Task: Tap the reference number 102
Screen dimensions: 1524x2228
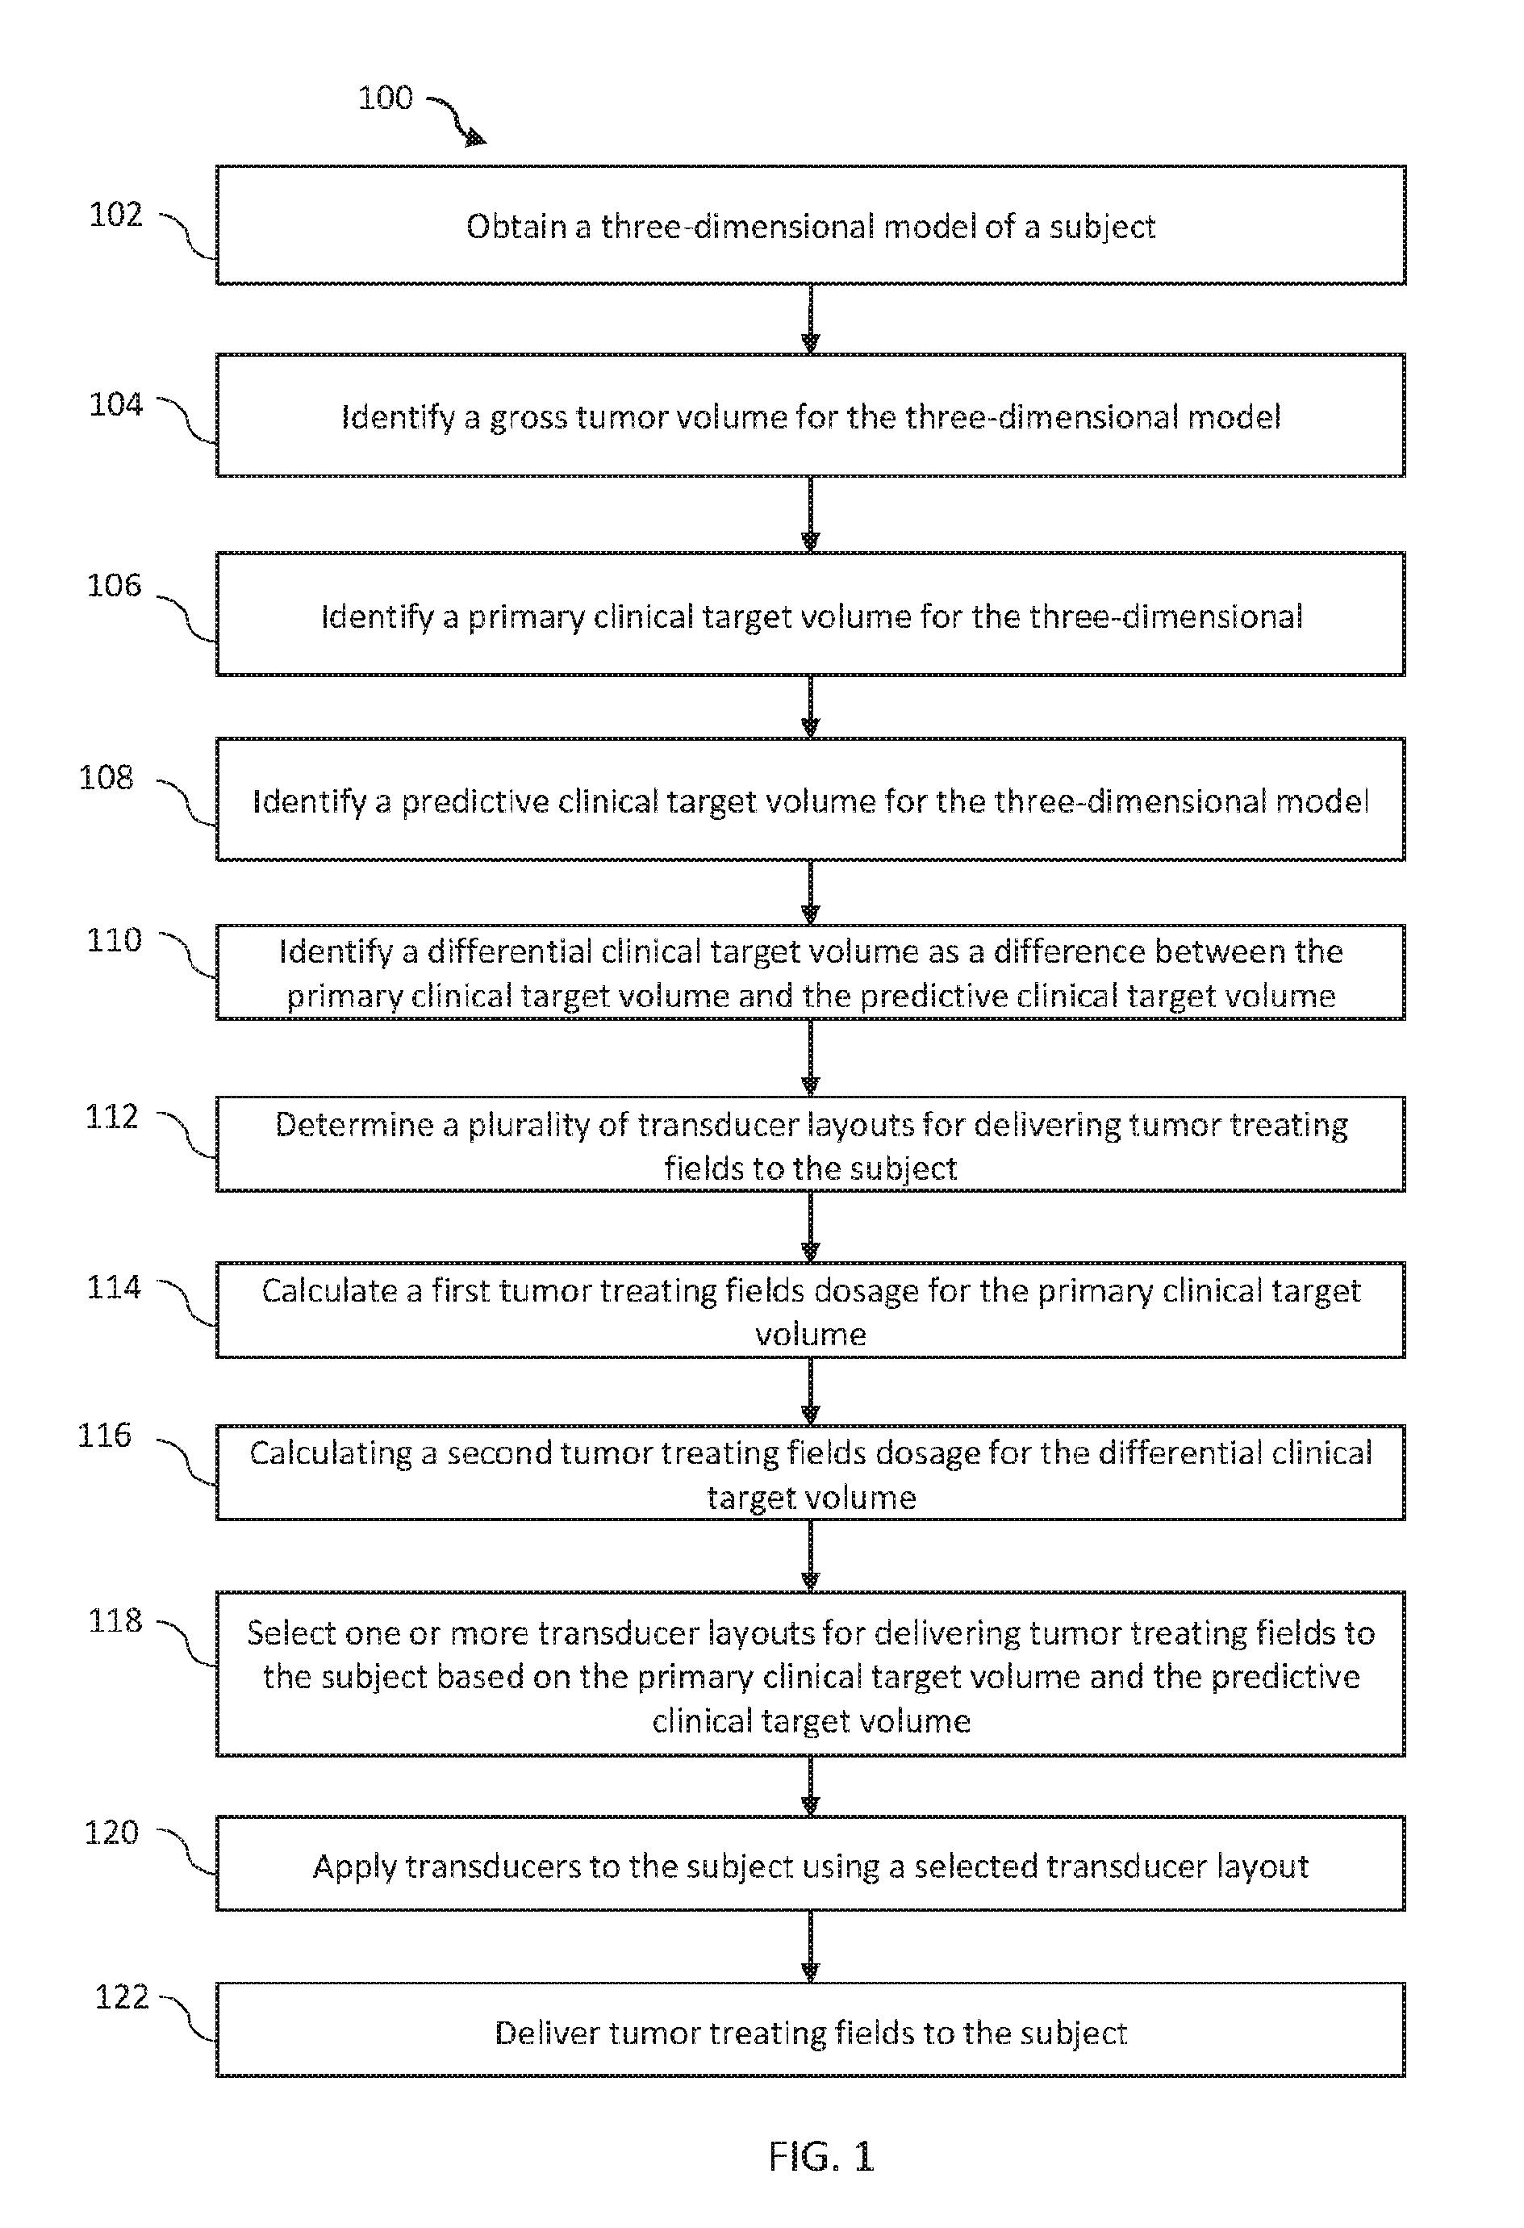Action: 116,214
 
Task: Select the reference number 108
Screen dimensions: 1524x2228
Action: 106,776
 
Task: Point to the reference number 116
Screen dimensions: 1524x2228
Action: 103,1435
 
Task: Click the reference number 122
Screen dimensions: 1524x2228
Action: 122,1997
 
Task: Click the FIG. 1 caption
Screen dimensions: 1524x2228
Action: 821,2157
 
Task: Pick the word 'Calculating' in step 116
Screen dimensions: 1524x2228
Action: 331,1453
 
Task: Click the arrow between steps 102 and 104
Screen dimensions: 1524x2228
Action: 811,320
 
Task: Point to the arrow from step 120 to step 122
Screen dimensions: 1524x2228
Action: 811,1946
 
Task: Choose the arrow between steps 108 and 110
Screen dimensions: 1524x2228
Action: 811,892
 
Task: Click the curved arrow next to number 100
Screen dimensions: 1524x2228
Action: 457,118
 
